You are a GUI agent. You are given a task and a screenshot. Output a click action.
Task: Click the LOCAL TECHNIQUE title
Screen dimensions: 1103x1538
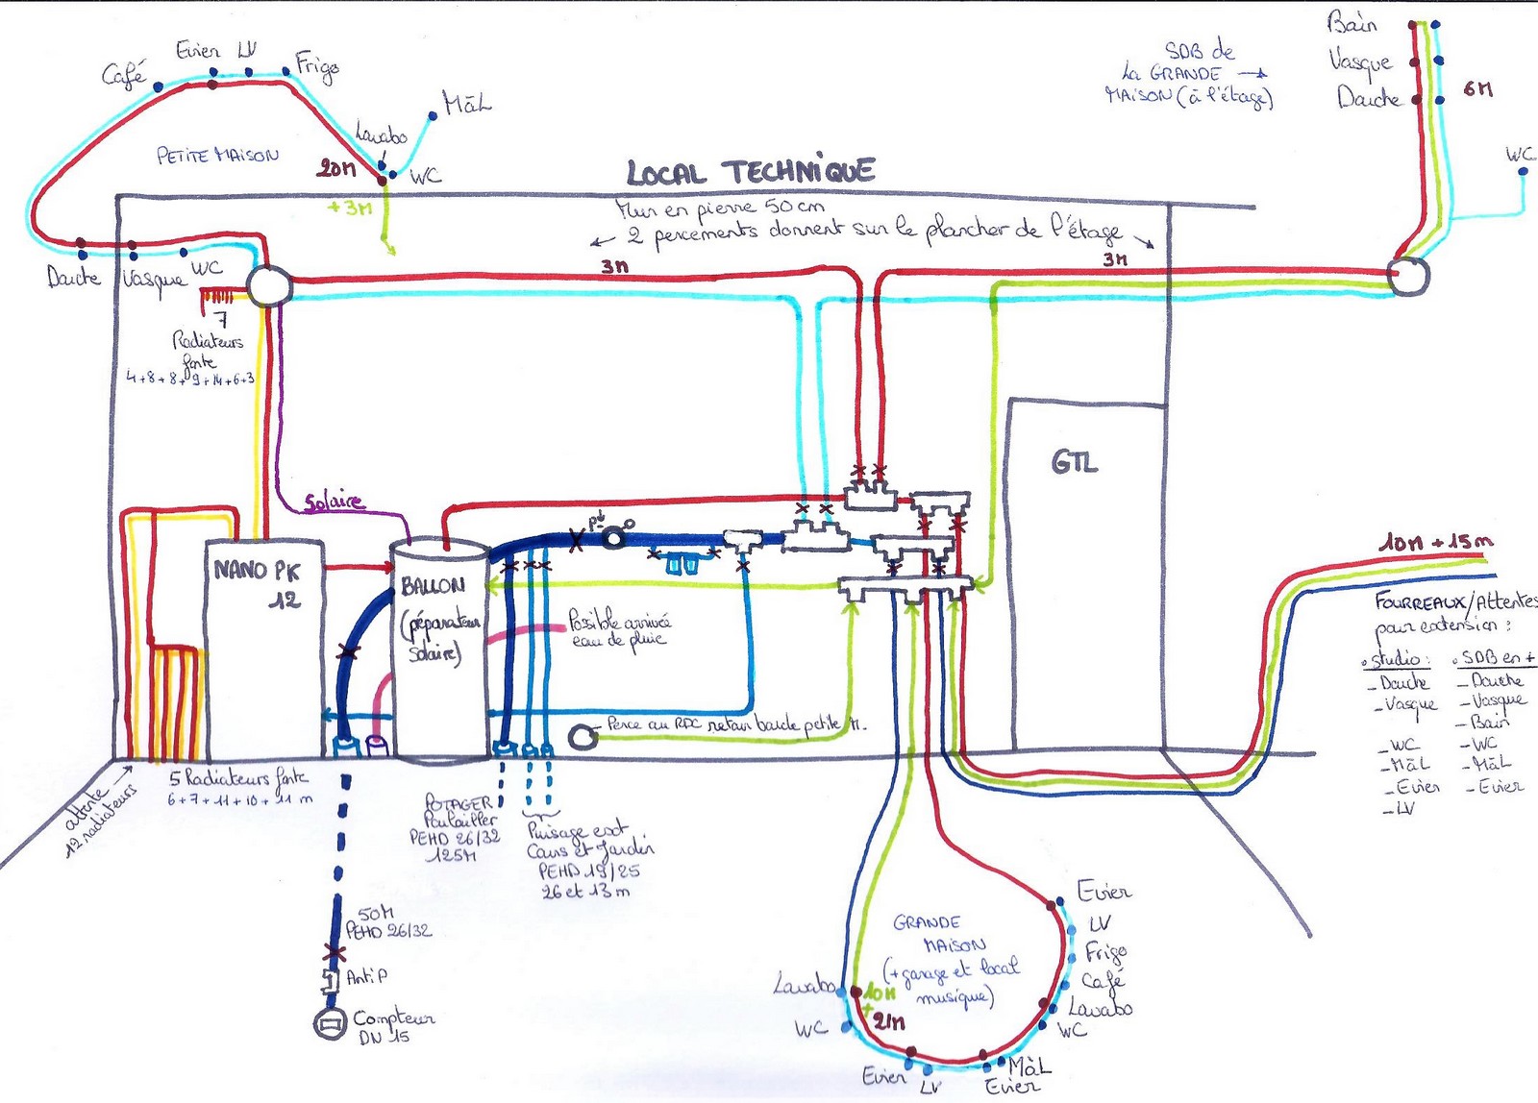point(751,172)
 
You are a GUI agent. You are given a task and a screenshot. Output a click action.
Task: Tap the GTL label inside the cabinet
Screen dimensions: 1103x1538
point(1074,463)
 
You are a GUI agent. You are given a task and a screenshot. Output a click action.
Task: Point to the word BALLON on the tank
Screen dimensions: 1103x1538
point(433,585)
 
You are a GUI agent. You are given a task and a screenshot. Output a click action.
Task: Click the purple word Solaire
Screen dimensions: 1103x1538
point(335,502)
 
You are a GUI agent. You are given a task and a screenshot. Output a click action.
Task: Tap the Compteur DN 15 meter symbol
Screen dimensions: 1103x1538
point(331,1024)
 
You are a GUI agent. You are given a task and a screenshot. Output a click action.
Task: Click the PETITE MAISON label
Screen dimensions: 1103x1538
point(217,155)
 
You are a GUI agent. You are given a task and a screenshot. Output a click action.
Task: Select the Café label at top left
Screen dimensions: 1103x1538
point(124,73)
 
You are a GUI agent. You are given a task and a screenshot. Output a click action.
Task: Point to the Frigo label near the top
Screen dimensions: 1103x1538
point(316,66)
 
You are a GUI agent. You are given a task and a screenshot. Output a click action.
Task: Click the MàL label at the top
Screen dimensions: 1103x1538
point(467,102)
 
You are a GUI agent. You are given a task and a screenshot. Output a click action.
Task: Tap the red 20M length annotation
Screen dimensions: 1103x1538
point(336,169)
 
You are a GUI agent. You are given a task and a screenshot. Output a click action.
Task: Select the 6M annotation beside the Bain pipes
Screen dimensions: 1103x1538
point(1477,89)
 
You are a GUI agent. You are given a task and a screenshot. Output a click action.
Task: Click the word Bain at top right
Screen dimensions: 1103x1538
point(1352,23)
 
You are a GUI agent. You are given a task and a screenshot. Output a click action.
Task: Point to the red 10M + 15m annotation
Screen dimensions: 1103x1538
point(1436,543)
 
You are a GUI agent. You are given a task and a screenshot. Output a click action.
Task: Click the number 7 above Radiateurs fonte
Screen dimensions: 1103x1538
point(221,320)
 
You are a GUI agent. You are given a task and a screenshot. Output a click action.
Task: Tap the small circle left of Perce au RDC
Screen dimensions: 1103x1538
point(583,737)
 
